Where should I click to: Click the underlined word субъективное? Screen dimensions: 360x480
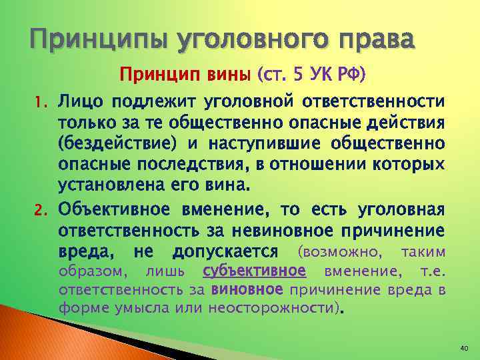254,271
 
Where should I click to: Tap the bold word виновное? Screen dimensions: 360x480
247,290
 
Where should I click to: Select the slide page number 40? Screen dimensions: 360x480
464,349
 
